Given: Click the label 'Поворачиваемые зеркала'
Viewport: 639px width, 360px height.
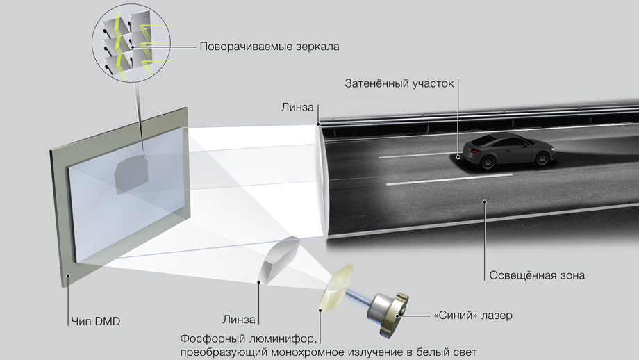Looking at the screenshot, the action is point(269,47).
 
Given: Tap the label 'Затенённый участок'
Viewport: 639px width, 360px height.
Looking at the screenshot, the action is point(399,83).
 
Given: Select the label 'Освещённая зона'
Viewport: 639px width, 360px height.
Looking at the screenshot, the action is point(537,276).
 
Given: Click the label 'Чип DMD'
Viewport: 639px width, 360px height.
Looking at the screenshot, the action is point(96,322).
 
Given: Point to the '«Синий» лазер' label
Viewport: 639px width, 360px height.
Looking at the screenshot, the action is point(473,316).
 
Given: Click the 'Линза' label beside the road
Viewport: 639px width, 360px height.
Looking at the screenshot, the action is point(297,108).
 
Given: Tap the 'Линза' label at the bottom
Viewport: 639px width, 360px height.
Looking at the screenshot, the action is point(239,320).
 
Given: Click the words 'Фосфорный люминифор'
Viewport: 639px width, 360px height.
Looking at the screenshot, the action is point(248,338).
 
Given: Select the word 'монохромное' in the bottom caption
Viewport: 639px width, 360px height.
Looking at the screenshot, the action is point(309,352).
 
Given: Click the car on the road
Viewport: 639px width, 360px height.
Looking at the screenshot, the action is point(504,150).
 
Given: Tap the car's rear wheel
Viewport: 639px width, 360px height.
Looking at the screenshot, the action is point(488,162).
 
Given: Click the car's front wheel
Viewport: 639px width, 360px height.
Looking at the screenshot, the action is point(542,158).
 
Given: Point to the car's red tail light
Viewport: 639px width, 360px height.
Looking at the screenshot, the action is point(476,152).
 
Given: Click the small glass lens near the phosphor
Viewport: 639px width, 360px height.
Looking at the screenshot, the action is point(279,259).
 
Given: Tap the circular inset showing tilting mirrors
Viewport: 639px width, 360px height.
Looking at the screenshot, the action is point(131,44).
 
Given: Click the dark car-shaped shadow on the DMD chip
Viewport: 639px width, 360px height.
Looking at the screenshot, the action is point(131,175).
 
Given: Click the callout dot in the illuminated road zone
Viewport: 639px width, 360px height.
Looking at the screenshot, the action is point(485,201).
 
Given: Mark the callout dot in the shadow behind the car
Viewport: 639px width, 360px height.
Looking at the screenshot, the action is point(458,156).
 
